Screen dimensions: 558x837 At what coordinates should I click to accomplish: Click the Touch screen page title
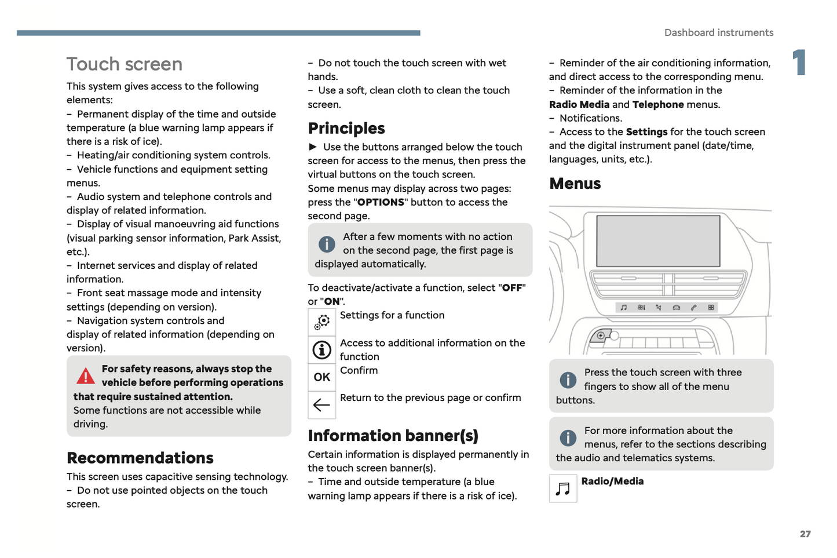(x=124, y=64)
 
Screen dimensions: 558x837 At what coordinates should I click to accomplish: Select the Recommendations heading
(x=140, y=458)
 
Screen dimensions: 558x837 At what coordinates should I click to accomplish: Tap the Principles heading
(x=346, y=128)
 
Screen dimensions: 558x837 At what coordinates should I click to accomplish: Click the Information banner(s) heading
(x=393, y=435)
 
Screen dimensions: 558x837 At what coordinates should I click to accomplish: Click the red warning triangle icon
(x=86, y=377)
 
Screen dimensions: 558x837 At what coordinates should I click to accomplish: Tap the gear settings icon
(x=321, y=322)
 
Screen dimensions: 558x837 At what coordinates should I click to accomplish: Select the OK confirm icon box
(x=321, y=377)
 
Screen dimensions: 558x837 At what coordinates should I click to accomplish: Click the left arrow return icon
(x=321, y=404)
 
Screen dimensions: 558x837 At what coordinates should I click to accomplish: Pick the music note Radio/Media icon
(x=562, y=488)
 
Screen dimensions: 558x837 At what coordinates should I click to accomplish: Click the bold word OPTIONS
(x=381, y=202)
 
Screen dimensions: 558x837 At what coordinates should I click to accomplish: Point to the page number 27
(x=805, y=534)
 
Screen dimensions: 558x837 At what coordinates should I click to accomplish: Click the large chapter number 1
(x=799, y=63)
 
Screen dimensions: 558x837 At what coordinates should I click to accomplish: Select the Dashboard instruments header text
(x=718, y=33)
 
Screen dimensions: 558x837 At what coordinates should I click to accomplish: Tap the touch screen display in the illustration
(x=658, y=240)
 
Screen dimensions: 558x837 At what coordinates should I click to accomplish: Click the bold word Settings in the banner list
(x=646, y=132)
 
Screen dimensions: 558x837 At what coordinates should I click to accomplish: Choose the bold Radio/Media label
(x=612, y=481)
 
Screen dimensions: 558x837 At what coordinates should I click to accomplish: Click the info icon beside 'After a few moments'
(x=327, y=245)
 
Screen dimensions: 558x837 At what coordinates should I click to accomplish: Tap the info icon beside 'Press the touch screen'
(x=568, y=380)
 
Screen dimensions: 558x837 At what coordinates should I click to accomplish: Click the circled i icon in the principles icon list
(x=321, y=350)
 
